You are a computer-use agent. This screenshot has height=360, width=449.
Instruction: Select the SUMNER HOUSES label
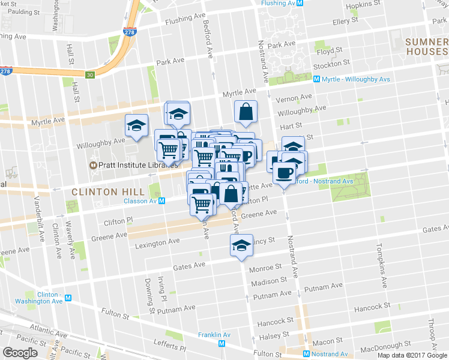(426, 47)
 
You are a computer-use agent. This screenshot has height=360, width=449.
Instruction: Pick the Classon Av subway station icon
(162, 201)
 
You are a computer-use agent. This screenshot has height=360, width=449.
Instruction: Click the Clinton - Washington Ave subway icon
(68, 298)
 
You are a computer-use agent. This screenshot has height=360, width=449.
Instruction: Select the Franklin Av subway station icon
(222, 343)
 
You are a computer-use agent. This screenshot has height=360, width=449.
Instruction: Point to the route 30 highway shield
(89, 75)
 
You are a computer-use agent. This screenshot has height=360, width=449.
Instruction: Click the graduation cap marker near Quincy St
(241, 245)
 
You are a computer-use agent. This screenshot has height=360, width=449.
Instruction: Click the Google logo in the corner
(20, 353)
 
